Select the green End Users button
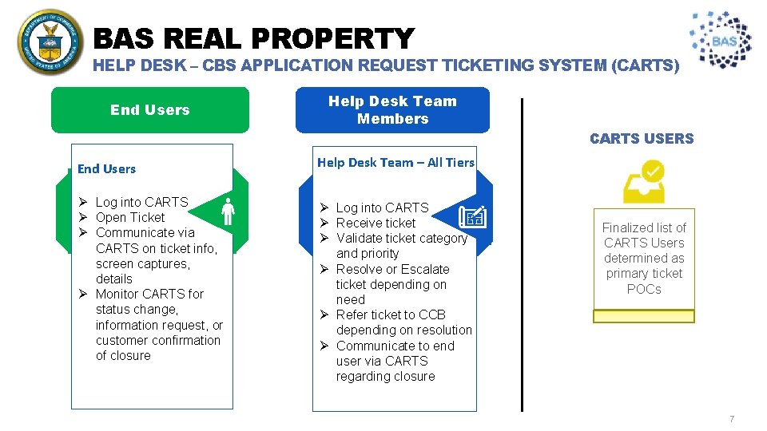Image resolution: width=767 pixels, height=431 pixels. pos(150,110)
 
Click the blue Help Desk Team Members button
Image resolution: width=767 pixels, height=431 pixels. pos(392,110)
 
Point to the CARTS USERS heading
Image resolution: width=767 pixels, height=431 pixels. pos(642,139)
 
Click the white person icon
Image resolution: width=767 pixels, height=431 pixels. pos(228,211)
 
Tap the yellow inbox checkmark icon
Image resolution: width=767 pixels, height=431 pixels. pos(644,183)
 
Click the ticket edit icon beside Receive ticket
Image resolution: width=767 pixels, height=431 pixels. pos(472,216)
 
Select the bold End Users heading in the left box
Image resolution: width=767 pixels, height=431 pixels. pos(106,169)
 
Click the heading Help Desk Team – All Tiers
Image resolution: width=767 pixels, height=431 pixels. pos(395,163)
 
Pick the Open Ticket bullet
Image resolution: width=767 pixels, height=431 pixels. pos(129,218)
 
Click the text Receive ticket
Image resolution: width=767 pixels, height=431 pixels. pos(376,223)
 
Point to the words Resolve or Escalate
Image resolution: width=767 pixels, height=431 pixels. pos(392,270)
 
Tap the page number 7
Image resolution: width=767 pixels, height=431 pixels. pos(731,420)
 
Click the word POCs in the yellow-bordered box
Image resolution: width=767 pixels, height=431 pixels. pos(644,289)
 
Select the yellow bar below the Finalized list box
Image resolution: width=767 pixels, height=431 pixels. pos(644,316)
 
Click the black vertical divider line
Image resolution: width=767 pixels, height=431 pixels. pos(523,255)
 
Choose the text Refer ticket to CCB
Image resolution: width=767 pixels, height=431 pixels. pos(391,315)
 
